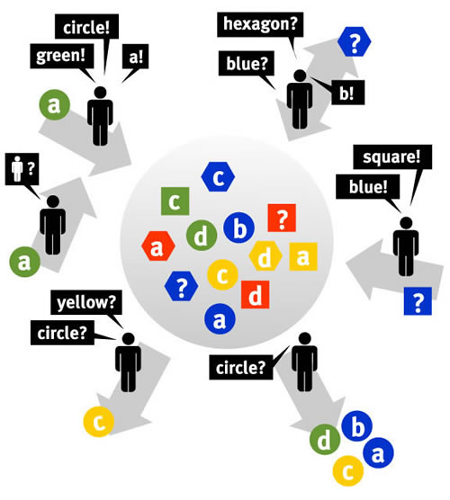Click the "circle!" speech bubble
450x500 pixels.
click(86, 27)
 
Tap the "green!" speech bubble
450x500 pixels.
click(62, 56)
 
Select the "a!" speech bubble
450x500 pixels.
click(135, 57)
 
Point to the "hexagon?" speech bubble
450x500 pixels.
click(260, 24)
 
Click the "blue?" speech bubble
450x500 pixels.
click(246, 64)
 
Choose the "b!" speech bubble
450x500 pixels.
click(347, 93)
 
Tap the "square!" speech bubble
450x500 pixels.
click(392, 157)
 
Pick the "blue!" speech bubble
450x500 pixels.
click(368, 186)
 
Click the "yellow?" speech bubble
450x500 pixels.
click(86, 302)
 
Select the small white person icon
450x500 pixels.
click(17, 169)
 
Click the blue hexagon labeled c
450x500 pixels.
click(219, 176)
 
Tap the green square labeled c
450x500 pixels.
click(175, 201)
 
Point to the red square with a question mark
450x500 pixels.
click(282, 218)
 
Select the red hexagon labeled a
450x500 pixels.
click(158, 246)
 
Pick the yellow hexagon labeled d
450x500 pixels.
click(265, 256)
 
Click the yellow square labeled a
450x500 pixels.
click(303, 256)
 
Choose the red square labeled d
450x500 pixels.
click(256, 295)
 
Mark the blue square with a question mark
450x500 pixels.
click(418, 301)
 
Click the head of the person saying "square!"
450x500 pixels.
click(406, 223)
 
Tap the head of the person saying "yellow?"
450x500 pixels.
click(129, 339)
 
